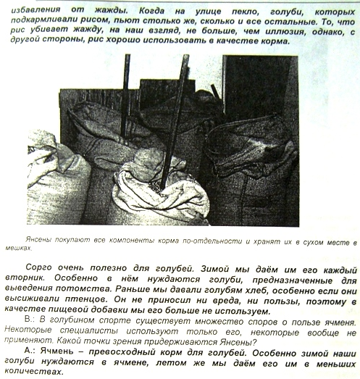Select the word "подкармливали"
(47, 22)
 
